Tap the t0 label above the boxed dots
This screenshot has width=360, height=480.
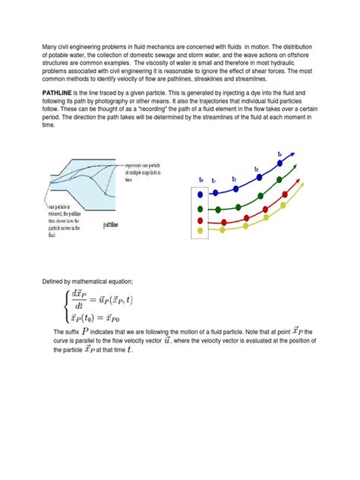(x=201, y=179)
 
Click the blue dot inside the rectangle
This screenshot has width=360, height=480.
(x=200, y=194)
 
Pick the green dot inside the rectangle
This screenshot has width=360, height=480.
(x=200, y=207)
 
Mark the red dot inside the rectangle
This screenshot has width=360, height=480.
(x=200, y=220)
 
